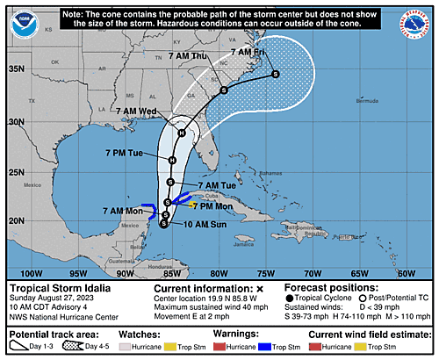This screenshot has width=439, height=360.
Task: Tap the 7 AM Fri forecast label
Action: click(x=248, y=54)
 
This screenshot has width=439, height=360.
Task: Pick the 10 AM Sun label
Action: click(x=191, y=226)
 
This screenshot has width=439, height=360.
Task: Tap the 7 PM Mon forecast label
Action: click(x=212, y=206)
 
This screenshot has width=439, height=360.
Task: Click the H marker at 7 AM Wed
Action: click(x=181, y=133)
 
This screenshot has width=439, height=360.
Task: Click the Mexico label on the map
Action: click(x=33, y=186)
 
